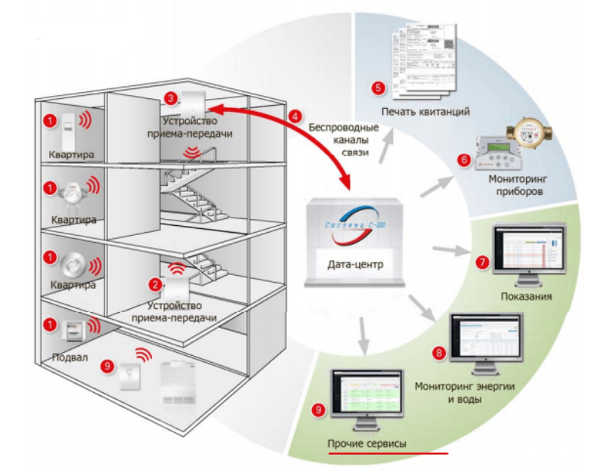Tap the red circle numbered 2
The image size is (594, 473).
point(156,285)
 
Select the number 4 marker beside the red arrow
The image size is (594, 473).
point(295,117)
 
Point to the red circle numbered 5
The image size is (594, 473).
point(379,87)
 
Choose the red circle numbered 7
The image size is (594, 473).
point(481,263)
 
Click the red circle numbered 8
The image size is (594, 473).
point(439,353)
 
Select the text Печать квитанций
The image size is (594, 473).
point(426,112)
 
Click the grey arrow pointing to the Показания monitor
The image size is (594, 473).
point(451,249)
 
